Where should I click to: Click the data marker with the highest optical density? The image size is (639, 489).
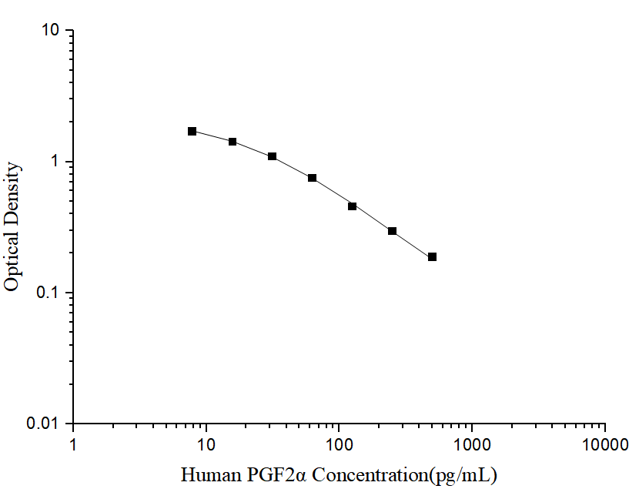[192, 132]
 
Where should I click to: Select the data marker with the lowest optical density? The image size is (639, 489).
[433, 257]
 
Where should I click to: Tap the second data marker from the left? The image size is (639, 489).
[233, 142]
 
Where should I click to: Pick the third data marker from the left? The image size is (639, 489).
[273, 156]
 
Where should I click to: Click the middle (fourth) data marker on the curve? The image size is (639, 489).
[313, 178]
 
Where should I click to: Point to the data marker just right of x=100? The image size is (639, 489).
[353, 206]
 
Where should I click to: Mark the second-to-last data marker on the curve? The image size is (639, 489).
[393, 231]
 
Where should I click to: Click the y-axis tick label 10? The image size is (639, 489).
[52, 31]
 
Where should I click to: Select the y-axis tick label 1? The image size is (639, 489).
[57, 162]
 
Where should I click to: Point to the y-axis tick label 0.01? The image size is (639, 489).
[43, 424]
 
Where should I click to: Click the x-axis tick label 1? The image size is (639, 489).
[73, 444]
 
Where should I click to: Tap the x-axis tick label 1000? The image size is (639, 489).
[472, 444]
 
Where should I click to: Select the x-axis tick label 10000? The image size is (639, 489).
[605, 444]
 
